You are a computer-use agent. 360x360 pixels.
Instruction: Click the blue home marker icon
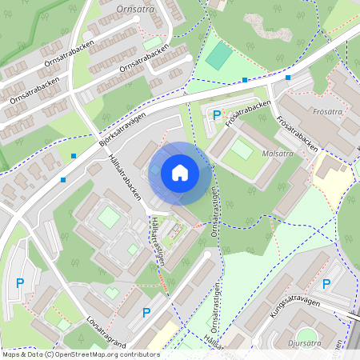[x=180, y=172]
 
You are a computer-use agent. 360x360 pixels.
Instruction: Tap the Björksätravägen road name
[x=123, y=128]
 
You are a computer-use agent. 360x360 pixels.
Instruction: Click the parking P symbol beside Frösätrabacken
[x=216, y=115]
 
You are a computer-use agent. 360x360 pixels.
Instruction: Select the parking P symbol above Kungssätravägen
[x=326, y=284]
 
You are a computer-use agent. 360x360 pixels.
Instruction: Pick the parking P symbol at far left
[x=20, y=282]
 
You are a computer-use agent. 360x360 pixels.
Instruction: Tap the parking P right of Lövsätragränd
[x=146, y=313]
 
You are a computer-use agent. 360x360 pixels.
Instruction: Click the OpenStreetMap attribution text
[x=80, y=354]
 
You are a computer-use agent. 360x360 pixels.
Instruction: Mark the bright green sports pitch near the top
[x=219, y=54]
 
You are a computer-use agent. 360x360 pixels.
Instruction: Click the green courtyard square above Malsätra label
[x=242, y=149]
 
